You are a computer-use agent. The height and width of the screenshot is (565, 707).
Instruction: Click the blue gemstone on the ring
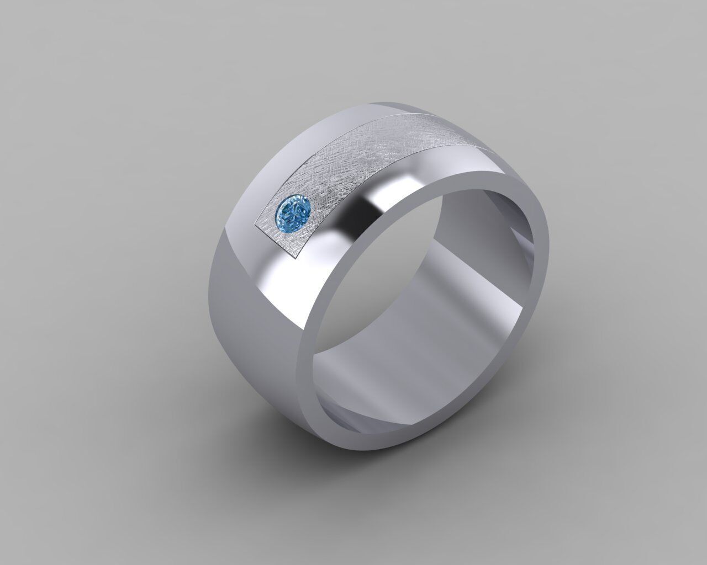point(294,210)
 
